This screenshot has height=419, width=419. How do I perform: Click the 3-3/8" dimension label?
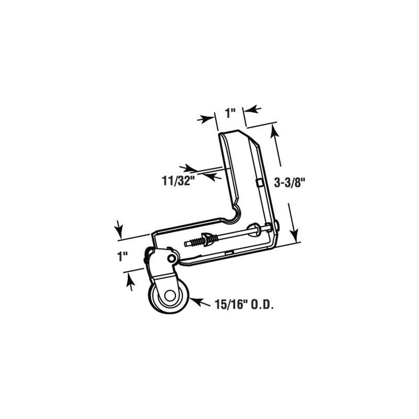pos(290,182)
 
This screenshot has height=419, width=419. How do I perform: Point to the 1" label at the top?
pos(230,112)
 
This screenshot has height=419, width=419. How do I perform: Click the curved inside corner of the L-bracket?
pos(234,213)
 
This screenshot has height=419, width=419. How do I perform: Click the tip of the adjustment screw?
pos(186,242)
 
